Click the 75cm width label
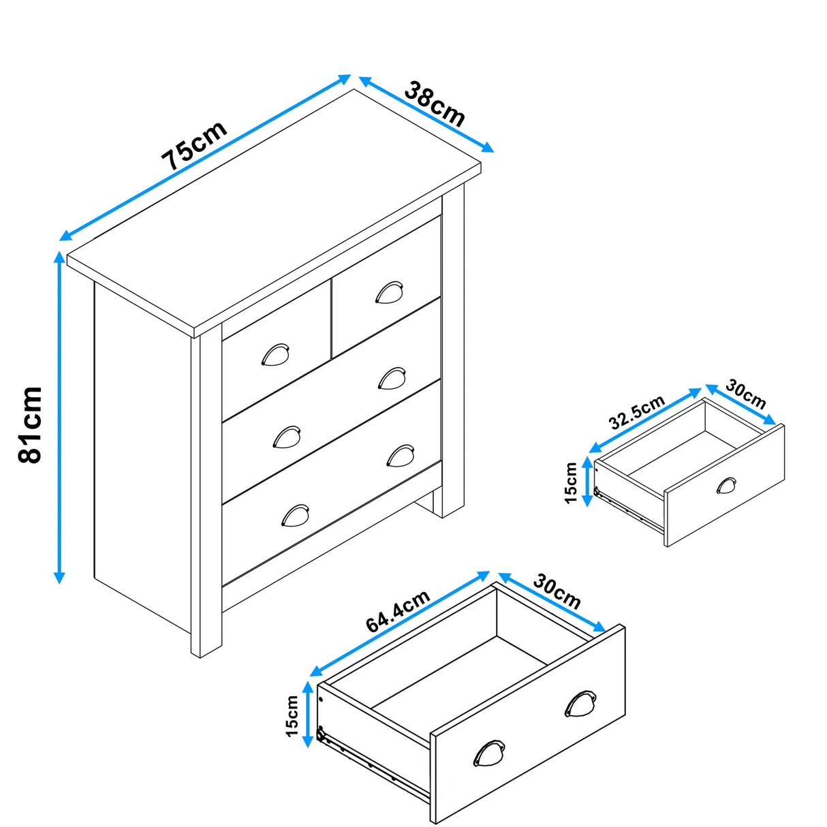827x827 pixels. point(194,146)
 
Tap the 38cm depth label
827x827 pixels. point(435,104)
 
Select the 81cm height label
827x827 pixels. point(31,424)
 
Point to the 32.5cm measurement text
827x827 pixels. point(636,412)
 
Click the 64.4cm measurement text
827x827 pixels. point(398,611)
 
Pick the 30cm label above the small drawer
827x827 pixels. point(745,394)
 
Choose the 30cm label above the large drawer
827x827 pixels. point(557,591)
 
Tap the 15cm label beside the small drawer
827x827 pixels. point(571,483)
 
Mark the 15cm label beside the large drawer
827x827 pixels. point(292,716)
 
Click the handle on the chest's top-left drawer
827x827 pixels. point(276,355)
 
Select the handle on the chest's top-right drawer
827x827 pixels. point(389,292)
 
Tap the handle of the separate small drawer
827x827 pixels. point(727,486)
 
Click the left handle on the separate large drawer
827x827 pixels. point(489,753)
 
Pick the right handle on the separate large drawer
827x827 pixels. point(580,704)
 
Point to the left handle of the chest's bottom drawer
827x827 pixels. point(295,515)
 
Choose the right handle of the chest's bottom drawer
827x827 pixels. point(401,455)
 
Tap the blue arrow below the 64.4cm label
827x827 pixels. point(401,624)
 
